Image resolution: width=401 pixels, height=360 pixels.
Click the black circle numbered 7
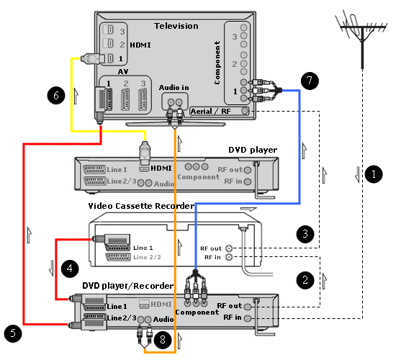click(x=310, y=81)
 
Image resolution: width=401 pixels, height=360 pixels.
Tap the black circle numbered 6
click(x=56, y=95)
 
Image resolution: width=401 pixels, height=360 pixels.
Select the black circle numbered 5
click(x=13, y=333)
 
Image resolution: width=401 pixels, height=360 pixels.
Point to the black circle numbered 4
click(x=70, y=269)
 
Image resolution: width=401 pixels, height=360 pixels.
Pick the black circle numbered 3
click(x=305, y=234)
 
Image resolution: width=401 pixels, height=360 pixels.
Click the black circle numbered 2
click(x=305, y=280)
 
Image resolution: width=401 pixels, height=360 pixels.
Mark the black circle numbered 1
click(x=374, y=174)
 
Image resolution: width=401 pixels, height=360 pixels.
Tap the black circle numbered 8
click(x=163, y=340)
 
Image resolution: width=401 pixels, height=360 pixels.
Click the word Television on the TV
click(x=176, y=26)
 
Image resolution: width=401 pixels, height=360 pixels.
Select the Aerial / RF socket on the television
click(x=245, y=111)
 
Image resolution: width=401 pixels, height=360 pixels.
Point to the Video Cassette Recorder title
click(x=141, y=206)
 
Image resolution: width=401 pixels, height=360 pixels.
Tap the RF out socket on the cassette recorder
click(x=229, y=248)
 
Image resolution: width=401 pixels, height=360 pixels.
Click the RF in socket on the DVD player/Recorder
click(x=248, y=318)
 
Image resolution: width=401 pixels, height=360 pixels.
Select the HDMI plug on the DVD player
click(x=145, y=153)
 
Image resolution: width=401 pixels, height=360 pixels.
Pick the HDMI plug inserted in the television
click(x=92, y=58)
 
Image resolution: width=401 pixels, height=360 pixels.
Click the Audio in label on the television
click(x=174, y=88)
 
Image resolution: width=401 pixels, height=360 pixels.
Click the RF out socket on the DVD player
click(x=248, y=170)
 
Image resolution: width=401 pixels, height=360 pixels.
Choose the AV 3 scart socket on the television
click(x=143, y=99)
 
